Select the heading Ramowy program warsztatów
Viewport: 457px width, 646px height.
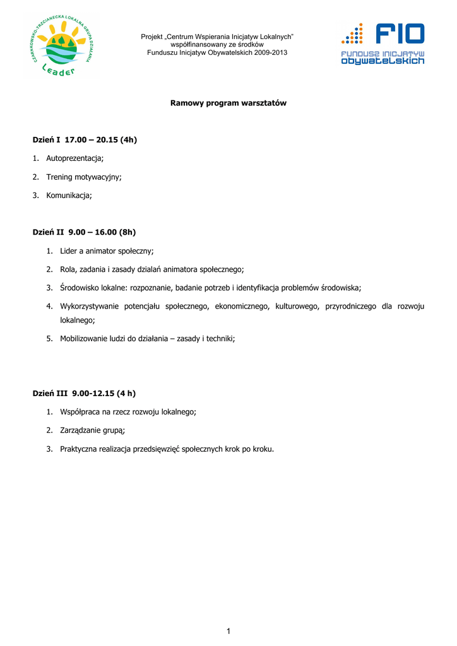[x=228, y=103]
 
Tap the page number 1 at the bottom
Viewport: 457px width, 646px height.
[x=228, y=631]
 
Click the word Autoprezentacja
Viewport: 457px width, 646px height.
[x=74, y=158]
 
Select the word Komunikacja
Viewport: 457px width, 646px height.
[x=68, y=196]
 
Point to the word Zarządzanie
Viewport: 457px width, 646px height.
[x=80, y=431]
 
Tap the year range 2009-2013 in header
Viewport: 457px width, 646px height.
[x=271, y=52]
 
